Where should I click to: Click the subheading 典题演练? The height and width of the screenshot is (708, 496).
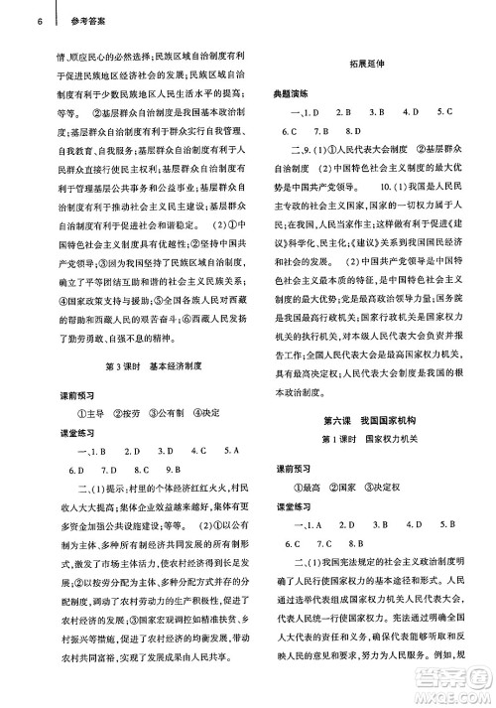coord(291,93)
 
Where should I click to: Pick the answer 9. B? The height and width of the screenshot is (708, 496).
coord(175,469)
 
